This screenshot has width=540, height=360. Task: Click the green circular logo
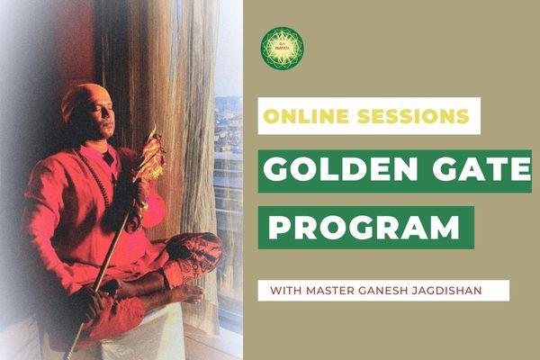click(282, 47)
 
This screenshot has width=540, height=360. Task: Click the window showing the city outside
click(229, 180)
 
